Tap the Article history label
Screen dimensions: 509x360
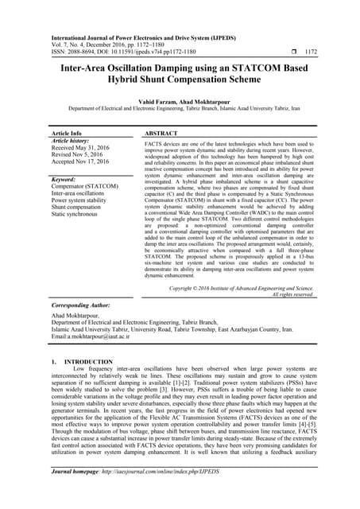point(70,141)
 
